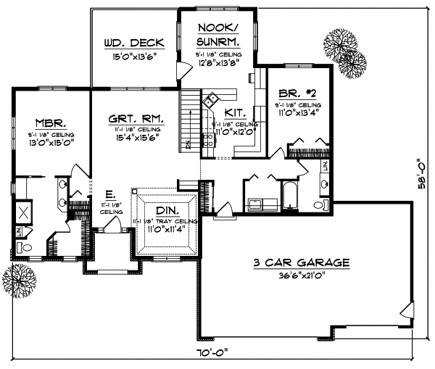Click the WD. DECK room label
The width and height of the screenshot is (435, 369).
(x=134, y=43)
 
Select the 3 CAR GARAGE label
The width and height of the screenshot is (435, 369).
(x=301, y=262)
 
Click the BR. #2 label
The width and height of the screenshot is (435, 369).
(x=297, y=94)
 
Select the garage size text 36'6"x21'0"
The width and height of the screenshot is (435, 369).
(x=301, y=275)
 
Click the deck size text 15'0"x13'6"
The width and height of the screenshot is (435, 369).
(x=134, y=56)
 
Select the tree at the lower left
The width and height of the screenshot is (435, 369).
(x=20, y=277)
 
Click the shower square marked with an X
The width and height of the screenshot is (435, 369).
(x=23, y=213)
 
